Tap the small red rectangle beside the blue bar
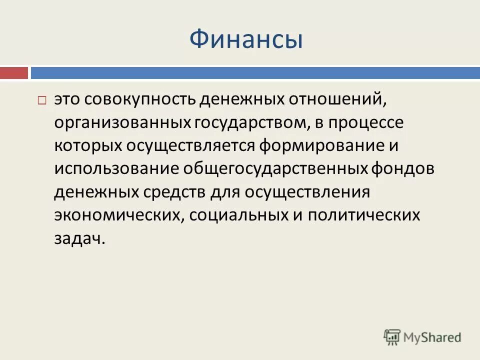tap(14, 73)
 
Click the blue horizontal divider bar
tap(254, 73)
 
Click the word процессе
tap(365, 122)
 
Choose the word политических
tap(363, 215)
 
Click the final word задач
tap(80, 238)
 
